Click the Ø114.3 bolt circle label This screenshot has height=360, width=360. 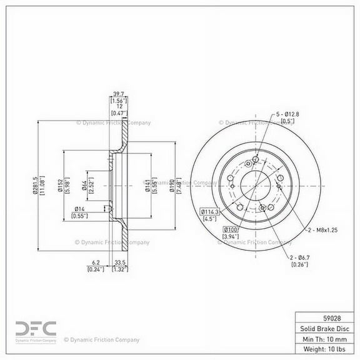tap(209, 212)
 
